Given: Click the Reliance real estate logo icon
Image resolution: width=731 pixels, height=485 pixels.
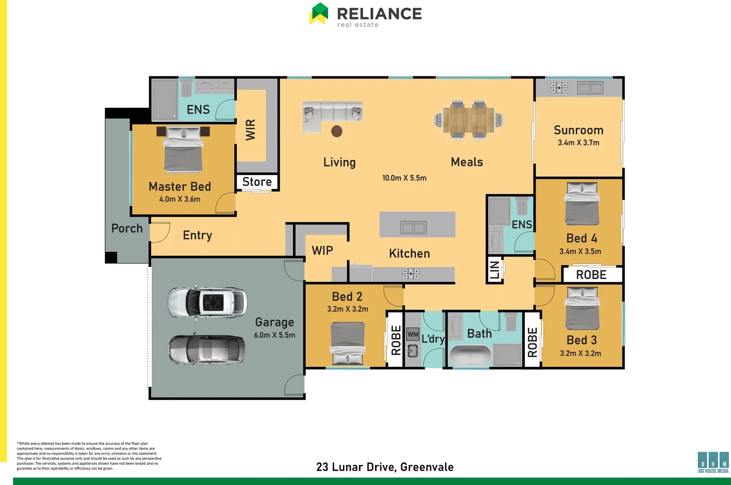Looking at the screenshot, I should [319, 13].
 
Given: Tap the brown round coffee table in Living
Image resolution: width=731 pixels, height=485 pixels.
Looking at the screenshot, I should [337, 131].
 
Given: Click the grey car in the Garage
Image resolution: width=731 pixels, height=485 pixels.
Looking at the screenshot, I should [207, 349].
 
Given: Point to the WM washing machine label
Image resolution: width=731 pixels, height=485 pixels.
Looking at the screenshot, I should [413, 334].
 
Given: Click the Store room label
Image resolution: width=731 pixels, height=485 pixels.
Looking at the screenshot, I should [257, 182].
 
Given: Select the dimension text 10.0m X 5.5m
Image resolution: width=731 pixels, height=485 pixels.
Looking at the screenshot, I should [404, 178].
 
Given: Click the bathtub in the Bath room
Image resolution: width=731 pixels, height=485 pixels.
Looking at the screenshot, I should [470, 356].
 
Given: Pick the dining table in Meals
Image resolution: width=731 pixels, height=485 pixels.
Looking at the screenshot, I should [468, 120].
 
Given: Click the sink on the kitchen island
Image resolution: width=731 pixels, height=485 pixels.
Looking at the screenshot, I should [414, 228].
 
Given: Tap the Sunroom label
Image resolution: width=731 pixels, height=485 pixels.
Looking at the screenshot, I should [578, 130].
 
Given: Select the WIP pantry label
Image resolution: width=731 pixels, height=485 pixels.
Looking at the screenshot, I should [322, 251].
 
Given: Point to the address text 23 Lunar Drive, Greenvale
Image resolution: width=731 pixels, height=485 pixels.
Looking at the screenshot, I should [385, 467].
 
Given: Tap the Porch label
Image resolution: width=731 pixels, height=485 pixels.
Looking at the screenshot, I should [127, 229].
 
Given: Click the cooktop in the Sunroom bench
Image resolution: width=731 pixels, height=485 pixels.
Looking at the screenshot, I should [559, 88].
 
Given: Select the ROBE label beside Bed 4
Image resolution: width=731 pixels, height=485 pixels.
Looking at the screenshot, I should [591, 275].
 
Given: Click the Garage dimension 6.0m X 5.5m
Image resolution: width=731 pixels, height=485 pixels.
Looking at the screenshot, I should [274, 335].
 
